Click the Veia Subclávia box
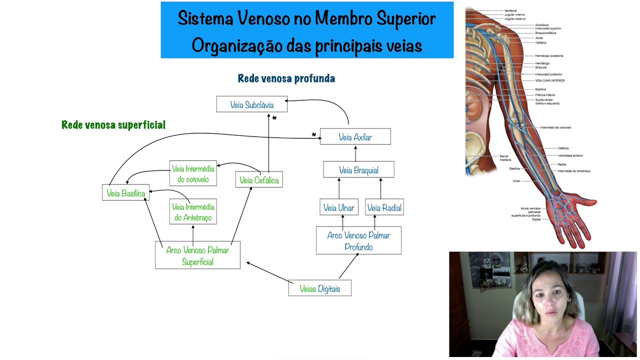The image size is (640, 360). click(251, 104)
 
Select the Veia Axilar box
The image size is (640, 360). click(355, 137)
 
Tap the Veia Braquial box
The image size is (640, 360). click(358, 170)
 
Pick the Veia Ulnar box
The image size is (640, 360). click(338, 207)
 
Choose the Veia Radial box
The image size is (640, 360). click(384, 207)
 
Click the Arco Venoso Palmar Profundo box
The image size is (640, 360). click(358, 240)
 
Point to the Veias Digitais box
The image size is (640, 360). click(319, 288)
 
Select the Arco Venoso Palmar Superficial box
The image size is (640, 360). click(197, 255)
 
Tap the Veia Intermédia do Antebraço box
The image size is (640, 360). click(193, 212)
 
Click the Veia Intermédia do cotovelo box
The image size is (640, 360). click(193, 173)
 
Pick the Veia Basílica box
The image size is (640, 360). click(125, 193)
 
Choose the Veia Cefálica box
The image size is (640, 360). click(258, 180)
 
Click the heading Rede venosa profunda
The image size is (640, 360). click(286, 78)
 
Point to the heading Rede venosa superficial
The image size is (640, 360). click(113, 125)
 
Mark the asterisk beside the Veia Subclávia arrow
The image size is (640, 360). click(274, 118)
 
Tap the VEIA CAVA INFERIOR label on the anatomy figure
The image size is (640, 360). click(549, 80)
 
